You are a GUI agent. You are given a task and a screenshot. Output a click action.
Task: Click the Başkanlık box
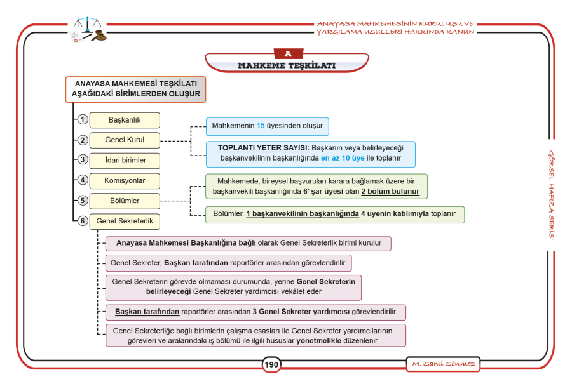coord(125,120)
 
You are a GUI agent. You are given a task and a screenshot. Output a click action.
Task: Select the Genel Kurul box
coord(125,140)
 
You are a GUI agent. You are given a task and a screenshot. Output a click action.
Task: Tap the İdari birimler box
coord(125,161)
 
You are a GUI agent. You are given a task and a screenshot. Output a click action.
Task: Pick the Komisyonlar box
coord(125,181)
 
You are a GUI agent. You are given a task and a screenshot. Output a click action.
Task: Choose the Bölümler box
coord(125,201)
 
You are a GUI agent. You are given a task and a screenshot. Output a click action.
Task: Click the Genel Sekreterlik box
coord(125,221)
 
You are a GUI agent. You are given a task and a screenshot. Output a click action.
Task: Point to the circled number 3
coord(83,159)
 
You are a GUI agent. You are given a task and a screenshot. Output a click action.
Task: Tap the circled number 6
coord(83,221)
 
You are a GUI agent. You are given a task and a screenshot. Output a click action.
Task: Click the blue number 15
coord(261,126)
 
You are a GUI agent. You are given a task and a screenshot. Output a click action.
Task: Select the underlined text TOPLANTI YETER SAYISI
coord(264,148)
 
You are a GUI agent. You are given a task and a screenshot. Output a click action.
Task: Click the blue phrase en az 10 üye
coord(343,158)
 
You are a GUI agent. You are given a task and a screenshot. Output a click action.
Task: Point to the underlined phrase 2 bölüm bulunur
coord(390,192)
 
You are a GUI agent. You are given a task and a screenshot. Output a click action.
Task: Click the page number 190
coord(271,365)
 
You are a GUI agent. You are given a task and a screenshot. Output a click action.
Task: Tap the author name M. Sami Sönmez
coord(443,364)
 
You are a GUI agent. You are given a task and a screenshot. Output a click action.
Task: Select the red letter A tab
coord(288,54)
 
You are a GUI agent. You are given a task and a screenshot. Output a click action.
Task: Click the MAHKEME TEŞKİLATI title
coord(287,66)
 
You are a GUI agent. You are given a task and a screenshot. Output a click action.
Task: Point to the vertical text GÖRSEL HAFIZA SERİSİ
coord(552,195)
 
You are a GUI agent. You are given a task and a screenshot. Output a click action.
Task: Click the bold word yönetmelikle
coord(319,341)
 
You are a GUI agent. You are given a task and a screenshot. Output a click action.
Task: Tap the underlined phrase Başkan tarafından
coord(147,312)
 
